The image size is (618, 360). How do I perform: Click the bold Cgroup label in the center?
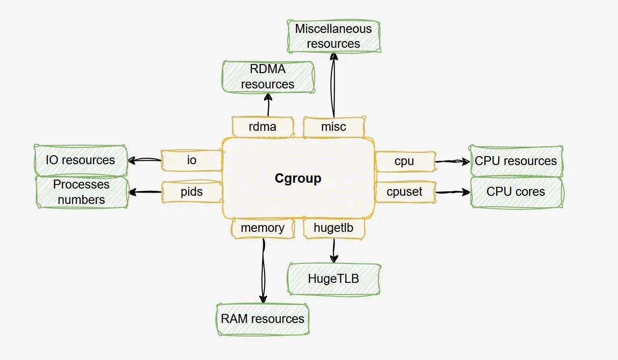298,178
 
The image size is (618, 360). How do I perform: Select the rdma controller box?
263,127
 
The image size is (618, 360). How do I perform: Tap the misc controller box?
334,127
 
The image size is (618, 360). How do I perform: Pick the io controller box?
192,161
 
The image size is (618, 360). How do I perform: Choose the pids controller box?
192,192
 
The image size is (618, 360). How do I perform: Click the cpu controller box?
404,162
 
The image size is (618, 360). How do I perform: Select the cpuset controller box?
404,192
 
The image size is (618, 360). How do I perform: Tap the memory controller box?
263,228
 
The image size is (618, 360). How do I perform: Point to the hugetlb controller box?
334,228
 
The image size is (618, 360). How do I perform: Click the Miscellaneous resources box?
334,36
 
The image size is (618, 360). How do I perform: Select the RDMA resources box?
268,77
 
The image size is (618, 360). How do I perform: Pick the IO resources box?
81,160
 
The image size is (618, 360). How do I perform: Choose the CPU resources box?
516,161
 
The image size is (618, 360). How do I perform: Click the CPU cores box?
516,192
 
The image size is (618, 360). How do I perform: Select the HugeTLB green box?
334,279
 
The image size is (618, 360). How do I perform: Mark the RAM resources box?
262,319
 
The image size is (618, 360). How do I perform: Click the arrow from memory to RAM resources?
263,271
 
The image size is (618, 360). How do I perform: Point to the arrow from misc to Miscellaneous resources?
334,86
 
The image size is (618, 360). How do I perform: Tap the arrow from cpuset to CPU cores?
453,192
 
